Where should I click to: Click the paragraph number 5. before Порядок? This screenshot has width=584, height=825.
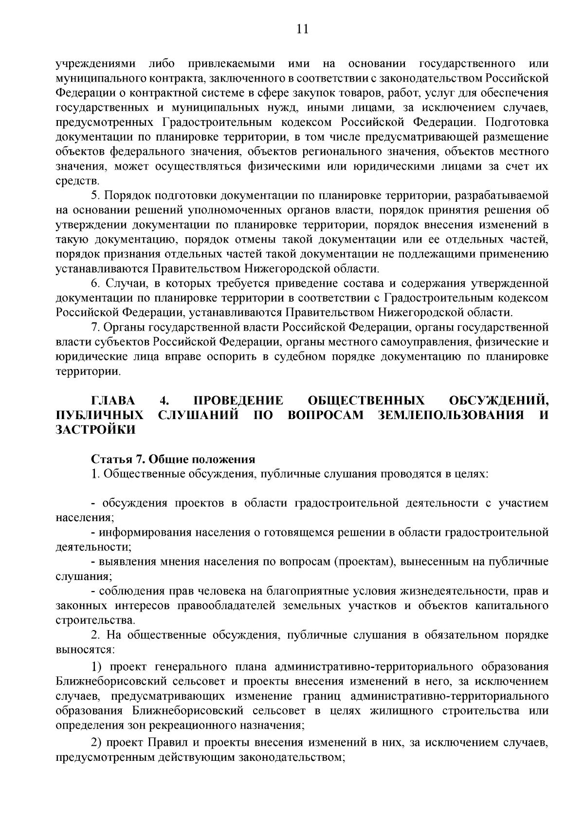pyautogui.click(x=96, y=196)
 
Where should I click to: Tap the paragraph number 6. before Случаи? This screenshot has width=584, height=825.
pyautogui.click(x=96, y=283)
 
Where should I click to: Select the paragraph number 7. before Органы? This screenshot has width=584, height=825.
pyautogui.click(x=96, y=327)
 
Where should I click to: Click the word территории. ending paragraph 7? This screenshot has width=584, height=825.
pyautogui.click(x=88, y=371)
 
